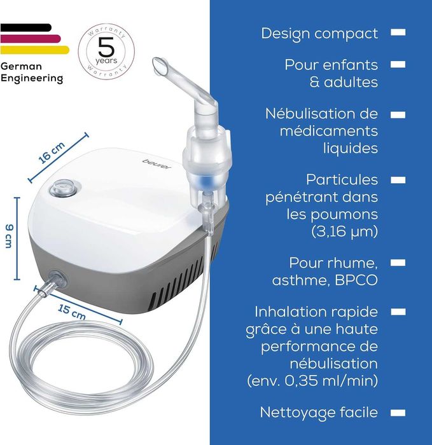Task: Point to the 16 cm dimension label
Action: tap(52, 154)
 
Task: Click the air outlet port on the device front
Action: tap(57, 278)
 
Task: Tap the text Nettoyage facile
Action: tap(319, 412)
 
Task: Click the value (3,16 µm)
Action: tap(344, 231)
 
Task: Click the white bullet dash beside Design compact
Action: tap(398, 32)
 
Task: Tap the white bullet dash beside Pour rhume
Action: tap(398, 262)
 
